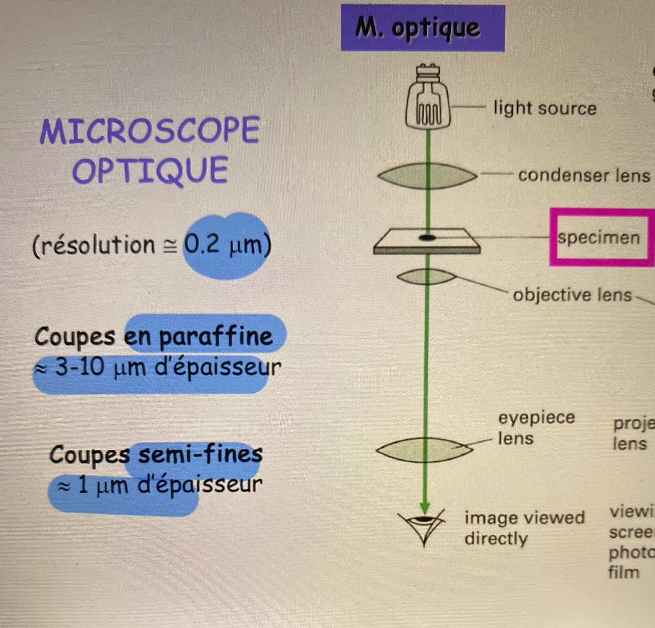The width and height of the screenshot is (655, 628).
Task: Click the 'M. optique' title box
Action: point(422,28)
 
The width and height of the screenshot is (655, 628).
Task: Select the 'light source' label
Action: point(545,108)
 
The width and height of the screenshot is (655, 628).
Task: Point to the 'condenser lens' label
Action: point(583,175)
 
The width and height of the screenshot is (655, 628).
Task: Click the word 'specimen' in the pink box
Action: point(599,238)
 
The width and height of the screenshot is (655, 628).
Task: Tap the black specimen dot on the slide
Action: point(427,238)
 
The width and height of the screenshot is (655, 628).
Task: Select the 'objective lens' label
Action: point(572,295)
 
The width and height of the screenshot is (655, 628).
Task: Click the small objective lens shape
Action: point(426,277)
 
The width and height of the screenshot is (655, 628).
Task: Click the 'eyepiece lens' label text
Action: point(535,427)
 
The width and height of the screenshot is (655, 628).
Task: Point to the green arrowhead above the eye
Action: point(425,507)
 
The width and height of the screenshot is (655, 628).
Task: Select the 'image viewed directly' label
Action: point(523,528)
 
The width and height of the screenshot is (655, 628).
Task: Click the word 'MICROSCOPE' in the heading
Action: point(150,131)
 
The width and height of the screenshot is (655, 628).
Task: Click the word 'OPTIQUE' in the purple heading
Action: point(150,170)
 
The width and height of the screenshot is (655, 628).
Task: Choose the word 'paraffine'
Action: point(216,337)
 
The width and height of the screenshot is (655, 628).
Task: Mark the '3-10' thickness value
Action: point(80,367)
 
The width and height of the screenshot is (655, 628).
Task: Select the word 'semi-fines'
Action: point(200,454)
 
